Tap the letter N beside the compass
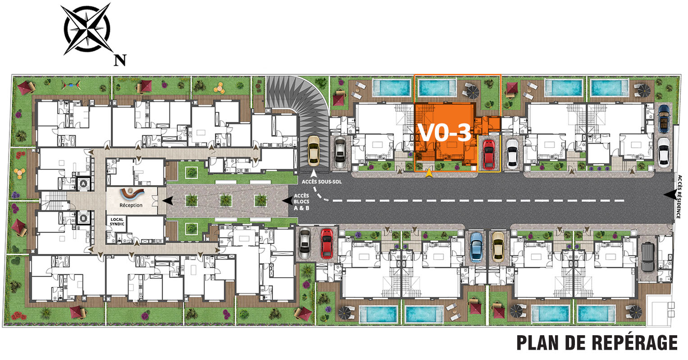120,60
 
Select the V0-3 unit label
444,133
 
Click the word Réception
131,205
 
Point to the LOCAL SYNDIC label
117,222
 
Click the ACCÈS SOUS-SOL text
322,182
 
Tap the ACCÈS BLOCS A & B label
301,202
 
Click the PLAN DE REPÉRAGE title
597,342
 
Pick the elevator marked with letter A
83,184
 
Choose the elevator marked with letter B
83,219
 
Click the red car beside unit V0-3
489,155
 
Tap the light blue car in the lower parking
476,247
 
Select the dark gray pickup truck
648,256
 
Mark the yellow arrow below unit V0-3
429,173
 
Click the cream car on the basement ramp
314,151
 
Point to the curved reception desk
132,193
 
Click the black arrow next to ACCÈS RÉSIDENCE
671,195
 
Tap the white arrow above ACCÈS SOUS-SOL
314,173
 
